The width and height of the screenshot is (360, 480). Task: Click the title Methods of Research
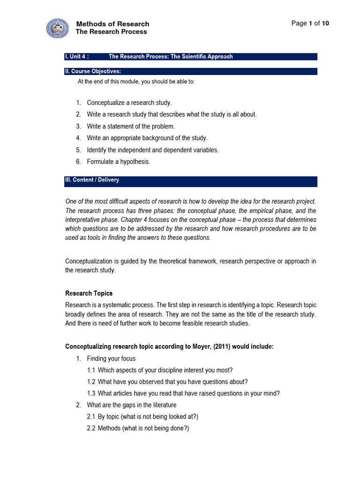click(112, 24)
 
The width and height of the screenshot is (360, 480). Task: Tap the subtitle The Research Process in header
click(111, 32)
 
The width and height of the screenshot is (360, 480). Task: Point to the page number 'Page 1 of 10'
click(310, 23)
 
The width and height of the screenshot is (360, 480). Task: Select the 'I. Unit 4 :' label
click(76, 57)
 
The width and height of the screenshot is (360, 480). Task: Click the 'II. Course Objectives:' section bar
click(190, 71)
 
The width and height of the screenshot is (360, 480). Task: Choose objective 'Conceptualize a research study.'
click(129, 103)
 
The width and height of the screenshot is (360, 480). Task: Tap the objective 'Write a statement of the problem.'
click(130, 126)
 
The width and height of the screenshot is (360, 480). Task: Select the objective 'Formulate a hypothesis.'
click(119, 162)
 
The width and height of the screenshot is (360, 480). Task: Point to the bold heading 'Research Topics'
click(89, 293)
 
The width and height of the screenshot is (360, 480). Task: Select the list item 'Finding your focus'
click(111, 359)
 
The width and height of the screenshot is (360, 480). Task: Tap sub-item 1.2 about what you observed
click(167, 382)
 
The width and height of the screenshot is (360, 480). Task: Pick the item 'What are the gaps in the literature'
click(131, 405)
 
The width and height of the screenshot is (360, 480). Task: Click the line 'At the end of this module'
click(136, 82)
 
